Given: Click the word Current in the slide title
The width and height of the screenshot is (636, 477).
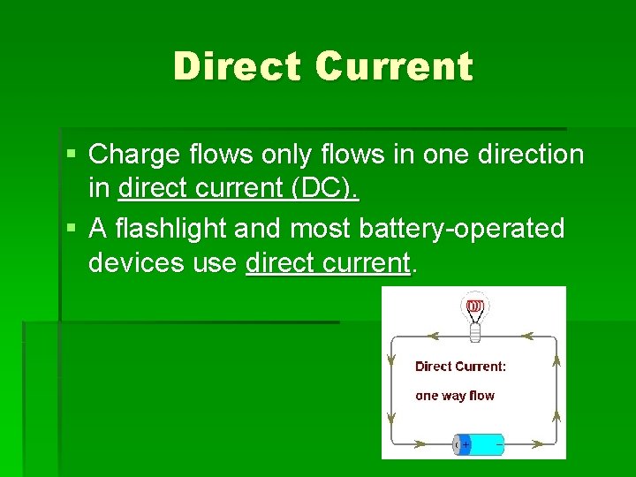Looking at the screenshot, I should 393,67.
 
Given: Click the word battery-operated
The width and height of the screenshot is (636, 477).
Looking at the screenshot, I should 462,229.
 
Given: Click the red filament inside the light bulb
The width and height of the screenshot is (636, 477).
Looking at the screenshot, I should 474,307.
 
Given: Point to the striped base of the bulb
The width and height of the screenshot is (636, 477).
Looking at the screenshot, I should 474,332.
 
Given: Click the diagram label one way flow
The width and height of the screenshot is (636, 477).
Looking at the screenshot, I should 455,396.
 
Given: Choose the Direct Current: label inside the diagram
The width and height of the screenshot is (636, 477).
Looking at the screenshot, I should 460,366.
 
